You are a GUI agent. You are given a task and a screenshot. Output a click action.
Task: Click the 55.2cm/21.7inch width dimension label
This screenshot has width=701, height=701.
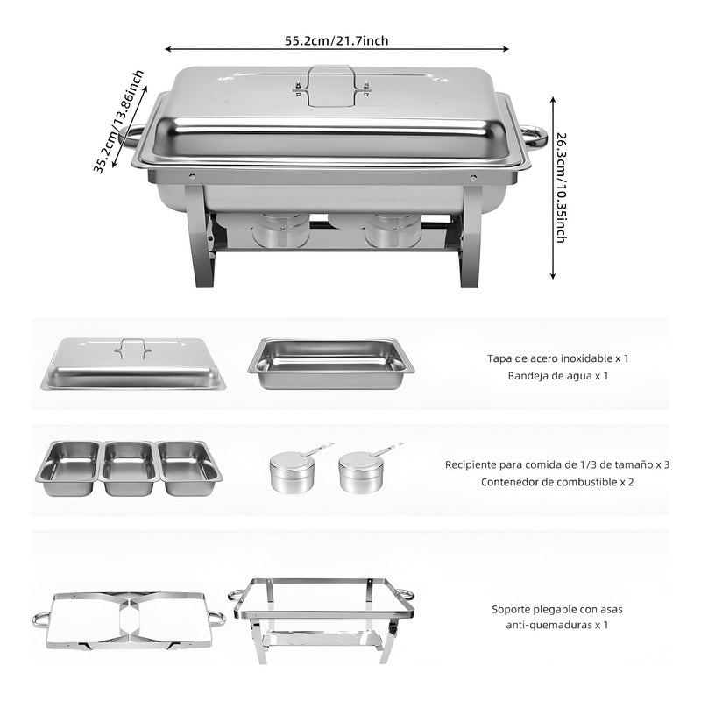tap(336, 41)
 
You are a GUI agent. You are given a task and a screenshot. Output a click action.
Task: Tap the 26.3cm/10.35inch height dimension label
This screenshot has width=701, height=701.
tap(562, 188)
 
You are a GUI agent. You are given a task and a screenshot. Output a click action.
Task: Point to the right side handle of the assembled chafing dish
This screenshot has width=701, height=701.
tap(531, 136)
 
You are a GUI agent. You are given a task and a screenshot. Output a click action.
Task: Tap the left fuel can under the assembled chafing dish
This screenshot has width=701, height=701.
tap(280, 230)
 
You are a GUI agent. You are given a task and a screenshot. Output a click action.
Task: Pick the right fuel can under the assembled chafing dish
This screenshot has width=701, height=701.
tap(393, 230)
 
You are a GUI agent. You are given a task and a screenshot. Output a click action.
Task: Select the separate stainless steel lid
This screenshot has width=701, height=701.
tap(133, 365)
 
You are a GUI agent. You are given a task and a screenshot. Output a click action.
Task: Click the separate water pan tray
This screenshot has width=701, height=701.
tap(331, 363)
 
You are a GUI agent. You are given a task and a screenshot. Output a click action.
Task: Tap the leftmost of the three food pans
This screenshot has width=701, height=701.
tap(67, 467)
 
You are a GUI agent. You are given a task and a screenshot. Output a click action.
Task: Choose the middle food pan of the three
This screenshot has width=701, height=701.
tap(129, 467)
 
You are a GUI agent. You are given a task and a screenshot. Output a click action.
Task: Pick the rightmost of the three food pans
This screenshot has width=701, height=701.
tap(189, 467)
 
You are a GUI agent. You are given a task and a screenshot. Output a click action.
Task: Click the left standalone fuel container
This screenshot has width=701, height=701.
tap(294, 471)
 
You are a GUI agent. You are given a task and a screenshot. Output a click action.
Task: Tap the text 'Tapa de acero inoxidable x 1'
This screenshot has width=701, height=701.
tap(558, 358)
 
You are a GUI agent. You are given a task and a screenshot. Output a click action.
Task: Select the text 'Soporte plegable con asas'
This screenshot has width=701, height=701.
tap(557, 608)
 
